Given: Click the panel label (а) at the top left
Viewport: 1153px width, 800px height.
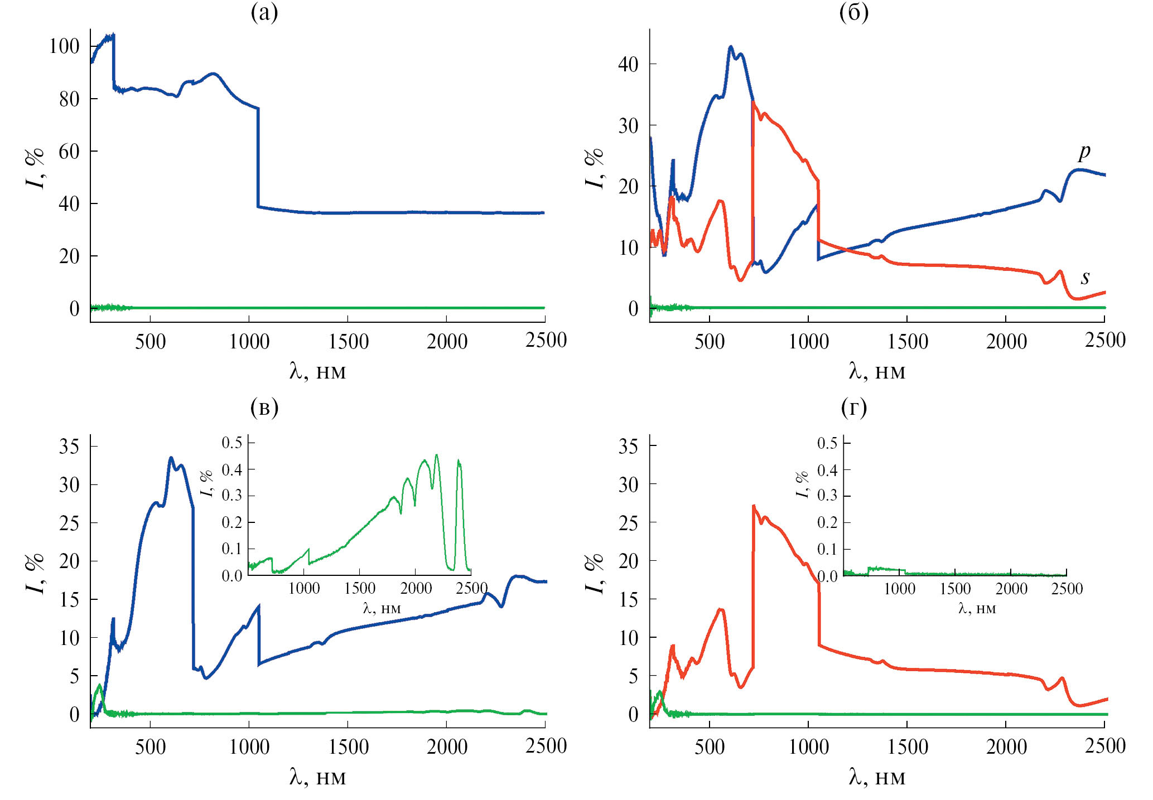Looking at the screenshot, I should [264, 12].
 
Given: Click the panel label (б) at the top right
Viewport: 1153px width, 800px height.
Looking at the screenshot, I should [853, 12].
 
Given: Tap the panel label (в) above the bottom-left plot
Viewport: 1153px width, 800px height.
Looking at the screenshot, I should [264, 408].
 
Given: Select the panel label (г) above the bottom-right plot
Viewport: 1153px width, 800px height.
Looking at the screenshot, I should [853, 408].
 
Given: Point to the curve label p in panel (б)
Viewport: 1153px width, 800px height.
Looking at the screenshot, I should [1084, 151].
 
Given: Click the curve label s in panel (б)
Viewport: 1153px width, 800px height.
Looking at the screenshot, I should [1085, 277].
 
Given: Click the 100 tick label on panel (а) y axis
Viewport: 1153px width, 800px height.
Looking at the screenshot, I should [64, 46].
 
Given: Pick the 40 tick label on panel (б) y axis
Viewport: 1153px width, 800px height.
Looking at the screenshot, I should [628, 65].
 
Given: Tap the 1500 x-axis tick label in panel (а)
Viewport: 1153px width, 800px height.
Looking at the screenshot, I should [348, 342].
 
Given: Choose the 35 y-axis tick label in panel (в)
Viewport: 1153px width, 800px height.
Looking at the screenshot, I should [69, 447].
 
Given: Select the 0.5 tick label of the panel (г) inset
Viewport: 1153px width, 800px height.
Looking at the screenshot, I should [827, 444].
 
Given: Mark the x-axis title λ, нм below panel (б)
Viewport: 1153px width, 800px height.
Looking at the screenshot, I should [877, 371].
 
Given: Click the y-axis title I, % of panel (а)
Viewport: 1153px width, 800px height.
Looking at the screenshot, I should [35, 168].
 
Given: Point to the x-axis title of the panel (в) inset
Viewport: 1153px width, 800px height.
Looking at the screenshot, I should [382, 608].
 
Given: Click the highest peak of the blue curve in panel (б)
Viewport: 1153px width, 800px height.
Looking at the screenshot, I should [731, 47].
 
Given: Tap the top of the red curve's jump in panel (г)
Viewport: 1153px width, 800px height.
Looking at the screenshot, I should [753, 506].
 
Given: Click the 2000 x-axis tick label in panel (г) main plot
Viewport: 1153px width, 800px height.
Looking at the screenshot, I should [1006, 747].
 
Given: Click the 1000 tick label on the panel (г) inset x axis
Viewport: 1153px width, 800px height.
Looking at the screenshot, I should [899, 589].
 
